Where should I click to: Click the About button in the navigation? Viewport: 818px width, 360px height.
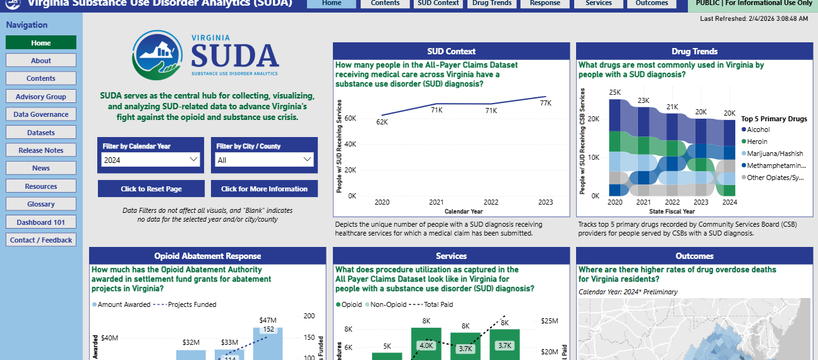[x=41, y=61]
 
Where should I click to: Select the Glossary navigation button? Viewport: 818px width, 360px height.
[x=41, y=204]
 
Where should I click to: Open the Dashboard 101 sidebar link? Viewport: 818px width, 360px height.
[x=41, y=222]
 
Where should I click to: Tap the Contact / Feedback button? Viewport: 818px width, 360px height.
[x=41, y=240]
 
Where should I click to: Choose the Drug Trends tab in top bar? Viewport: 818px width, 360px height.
[x=492, y=3]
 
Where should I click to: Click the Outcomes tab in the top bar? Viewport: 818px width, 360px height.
[x=651, y=3]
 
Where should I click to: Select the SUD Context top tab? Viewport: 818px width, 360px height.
[x=438, y=3]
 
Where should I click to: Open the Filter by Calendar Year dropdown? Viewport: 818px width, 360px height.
[x=150, y=160]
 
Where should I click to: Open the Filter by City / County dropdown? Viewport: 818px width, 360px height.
[x=265, y=160]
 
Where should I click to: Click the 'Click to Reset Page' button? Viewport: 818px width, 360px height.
[x=151, y=189]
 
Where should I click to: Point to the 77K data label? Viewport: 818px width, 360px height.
[x=546, y=103]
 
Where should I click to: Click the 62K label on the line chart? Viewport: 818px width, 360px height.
[x=382, y=122]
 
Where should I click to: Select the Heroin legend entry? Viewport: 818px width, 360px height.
[x=757, y=141]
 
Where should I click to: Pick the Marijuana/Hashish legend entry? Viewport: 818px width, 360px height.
[x=774, y=153]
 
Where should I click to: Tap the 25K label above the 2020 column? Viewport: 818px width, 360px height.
[x=615, y=93]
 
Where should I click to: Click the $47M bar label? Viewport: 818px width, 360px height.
[x=268, y=320]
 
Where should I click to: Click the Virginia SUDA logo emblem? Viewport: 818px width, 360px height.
[x=159, y=56]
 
